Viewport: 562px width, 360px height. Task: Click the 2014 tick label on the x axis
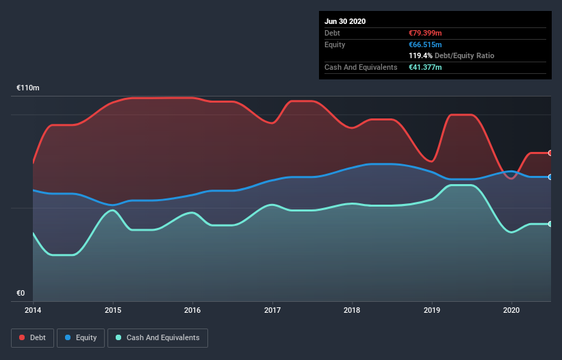[x=33, y=310]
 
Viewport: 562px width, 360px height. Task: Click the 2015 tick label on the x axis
[x=113, y=310]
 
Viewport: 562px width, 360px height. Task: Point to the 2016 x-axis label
[x=192, y=310]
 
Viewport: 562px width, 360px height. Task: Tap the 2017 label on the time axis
[x=272, y=310]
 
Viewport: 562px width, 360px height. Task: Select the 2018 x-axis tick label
[x=352, y=310]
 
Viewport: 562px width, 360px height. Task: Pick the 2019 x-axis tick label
[x=432, y=310]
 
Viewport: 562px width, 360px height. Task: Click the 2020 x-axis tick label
[x=511, y=310]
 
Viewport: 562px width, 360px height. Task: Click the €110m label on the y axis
[x=28, y=88]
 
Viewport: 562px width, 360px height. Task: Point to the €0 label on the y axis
[x=21, y=294]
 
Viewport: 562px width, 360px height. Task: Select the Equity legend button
[x=81, y=337]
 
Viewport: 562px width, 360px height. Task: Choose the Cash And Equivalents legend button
[x=157, y=337]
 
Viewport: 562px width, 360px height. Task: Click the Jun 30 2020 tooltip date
[x=345, y=21]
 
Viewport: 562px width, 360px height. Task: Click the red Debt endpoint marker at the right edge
[x=550, y=153]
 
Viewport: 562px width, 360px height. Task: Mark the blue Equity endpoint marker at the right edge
[x=550, y=177]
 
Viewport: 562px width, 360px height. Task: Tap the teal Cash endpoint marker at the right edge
[x=550, y=224]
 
